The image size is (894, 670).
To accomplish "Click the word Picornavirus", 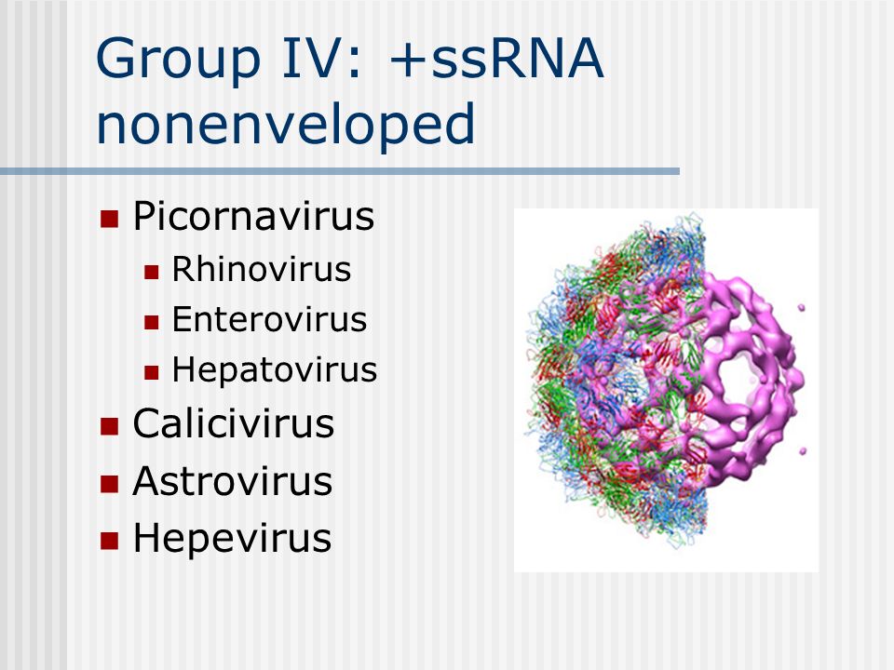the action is click(253, 217).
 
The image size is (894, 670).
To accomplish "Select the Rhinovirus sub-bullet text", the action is click(262, 269).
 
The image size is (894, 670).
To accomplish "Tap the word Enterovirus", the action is click(270, 319).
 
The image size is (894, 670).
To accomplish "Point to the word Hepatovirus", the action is click(275, 370).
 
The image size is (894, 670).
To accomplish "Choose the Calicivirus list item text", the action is click(234, 424).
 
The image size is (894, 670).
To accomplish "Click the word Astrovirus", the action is click(233, 481).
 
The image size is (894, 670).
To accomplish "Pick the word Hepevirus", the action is click(232, 539).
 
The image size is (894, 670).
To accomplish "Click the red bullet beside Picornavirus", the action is click(110, 219).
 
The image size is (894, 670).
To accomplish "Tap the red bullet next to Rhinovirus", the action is click(151, 272).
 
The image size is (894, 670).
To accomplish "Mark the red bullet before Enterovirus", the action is click(151, 323).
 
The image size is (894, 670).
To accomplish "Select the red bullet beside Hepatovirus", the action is click(151, 372).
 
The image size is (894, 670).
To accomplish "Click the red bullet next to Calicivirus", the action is click(110, 426).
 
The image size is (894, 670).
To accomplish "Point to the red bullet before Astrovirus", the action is click(110, 484).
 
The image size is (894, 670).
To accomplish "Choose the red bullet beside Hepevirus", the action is click(110, 541).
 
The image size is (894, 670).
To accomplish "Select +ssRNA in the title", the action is click(496, 58).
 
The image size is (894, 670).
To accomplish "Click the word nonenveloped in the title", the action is click(286, 125).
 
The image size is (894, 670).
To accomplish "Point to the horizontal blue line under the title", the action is click(340, 171).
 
